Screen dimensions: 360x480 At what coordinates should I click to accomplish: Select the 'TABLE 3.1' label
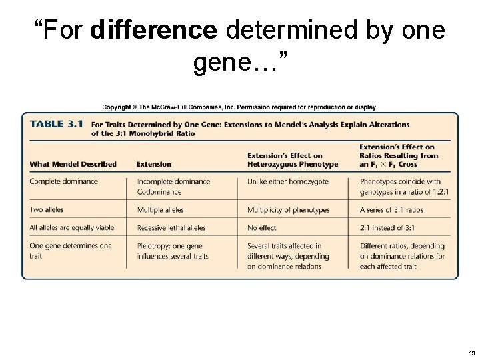click(57, 123)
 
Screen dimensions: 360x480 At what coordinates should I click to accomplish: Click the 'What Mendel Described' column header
click(73, 164)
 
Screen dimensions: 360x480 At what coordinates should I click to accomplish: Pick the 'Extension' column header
click(153, 164)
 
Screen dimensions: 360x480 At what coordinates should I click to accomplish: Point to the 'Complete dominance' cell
click(64, 181)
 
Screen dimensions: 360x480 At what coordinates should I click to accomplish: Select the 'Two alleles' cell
click(47, 210)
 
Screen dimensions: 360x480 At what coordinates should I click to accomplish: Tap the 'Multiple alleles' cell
click(160, 210)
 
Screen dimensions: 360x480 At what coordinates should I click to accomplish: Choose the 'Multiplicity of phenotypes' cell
click(288, 210)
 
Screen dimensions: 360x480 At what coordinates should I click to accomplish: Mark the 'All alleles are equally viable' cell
click(72, 227)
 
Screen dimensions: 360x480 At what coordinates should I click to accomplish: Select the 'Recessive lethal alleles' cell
click(171, 227)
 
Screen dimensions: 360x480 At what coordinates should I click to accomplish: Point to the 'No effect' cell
click(261, 227)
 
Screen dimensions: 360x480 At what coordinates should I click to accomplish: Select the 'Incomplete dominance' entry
click(173, 181)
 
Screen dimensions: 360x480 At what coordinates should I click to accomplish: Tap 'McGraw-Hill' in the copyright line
click(173, 106)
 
